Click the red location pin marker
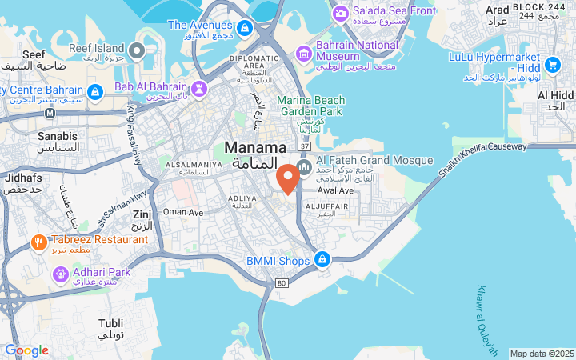tap(288, 178)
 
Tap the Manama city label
tap(255, 148)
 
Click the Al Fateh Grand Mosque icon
tap(303, 167)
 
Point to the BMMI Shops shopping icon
tap(322, 260)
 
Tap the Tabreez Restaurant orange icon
tap(38, 241)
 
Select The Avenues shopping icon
tap(245, 28)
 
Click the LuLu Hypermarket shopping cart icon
tap(551, 64)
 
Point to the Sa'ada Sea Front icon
tap(341, 12)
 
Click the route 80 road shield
tap(281, 282)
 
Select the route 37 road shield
tap(303, 146)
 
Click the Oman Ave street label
tap(183, 212)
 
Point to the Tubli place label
tap(110, 323)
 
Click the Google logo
tap(26, 350)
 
